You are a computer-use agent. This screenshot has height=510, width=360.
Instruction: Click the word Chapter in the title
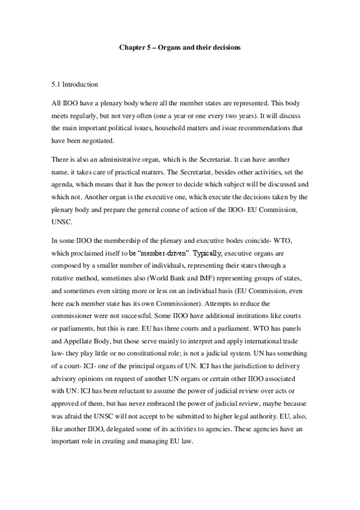(129, 46)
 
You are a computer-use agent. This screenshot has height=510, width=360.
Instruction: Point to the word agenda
(64, 180)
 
